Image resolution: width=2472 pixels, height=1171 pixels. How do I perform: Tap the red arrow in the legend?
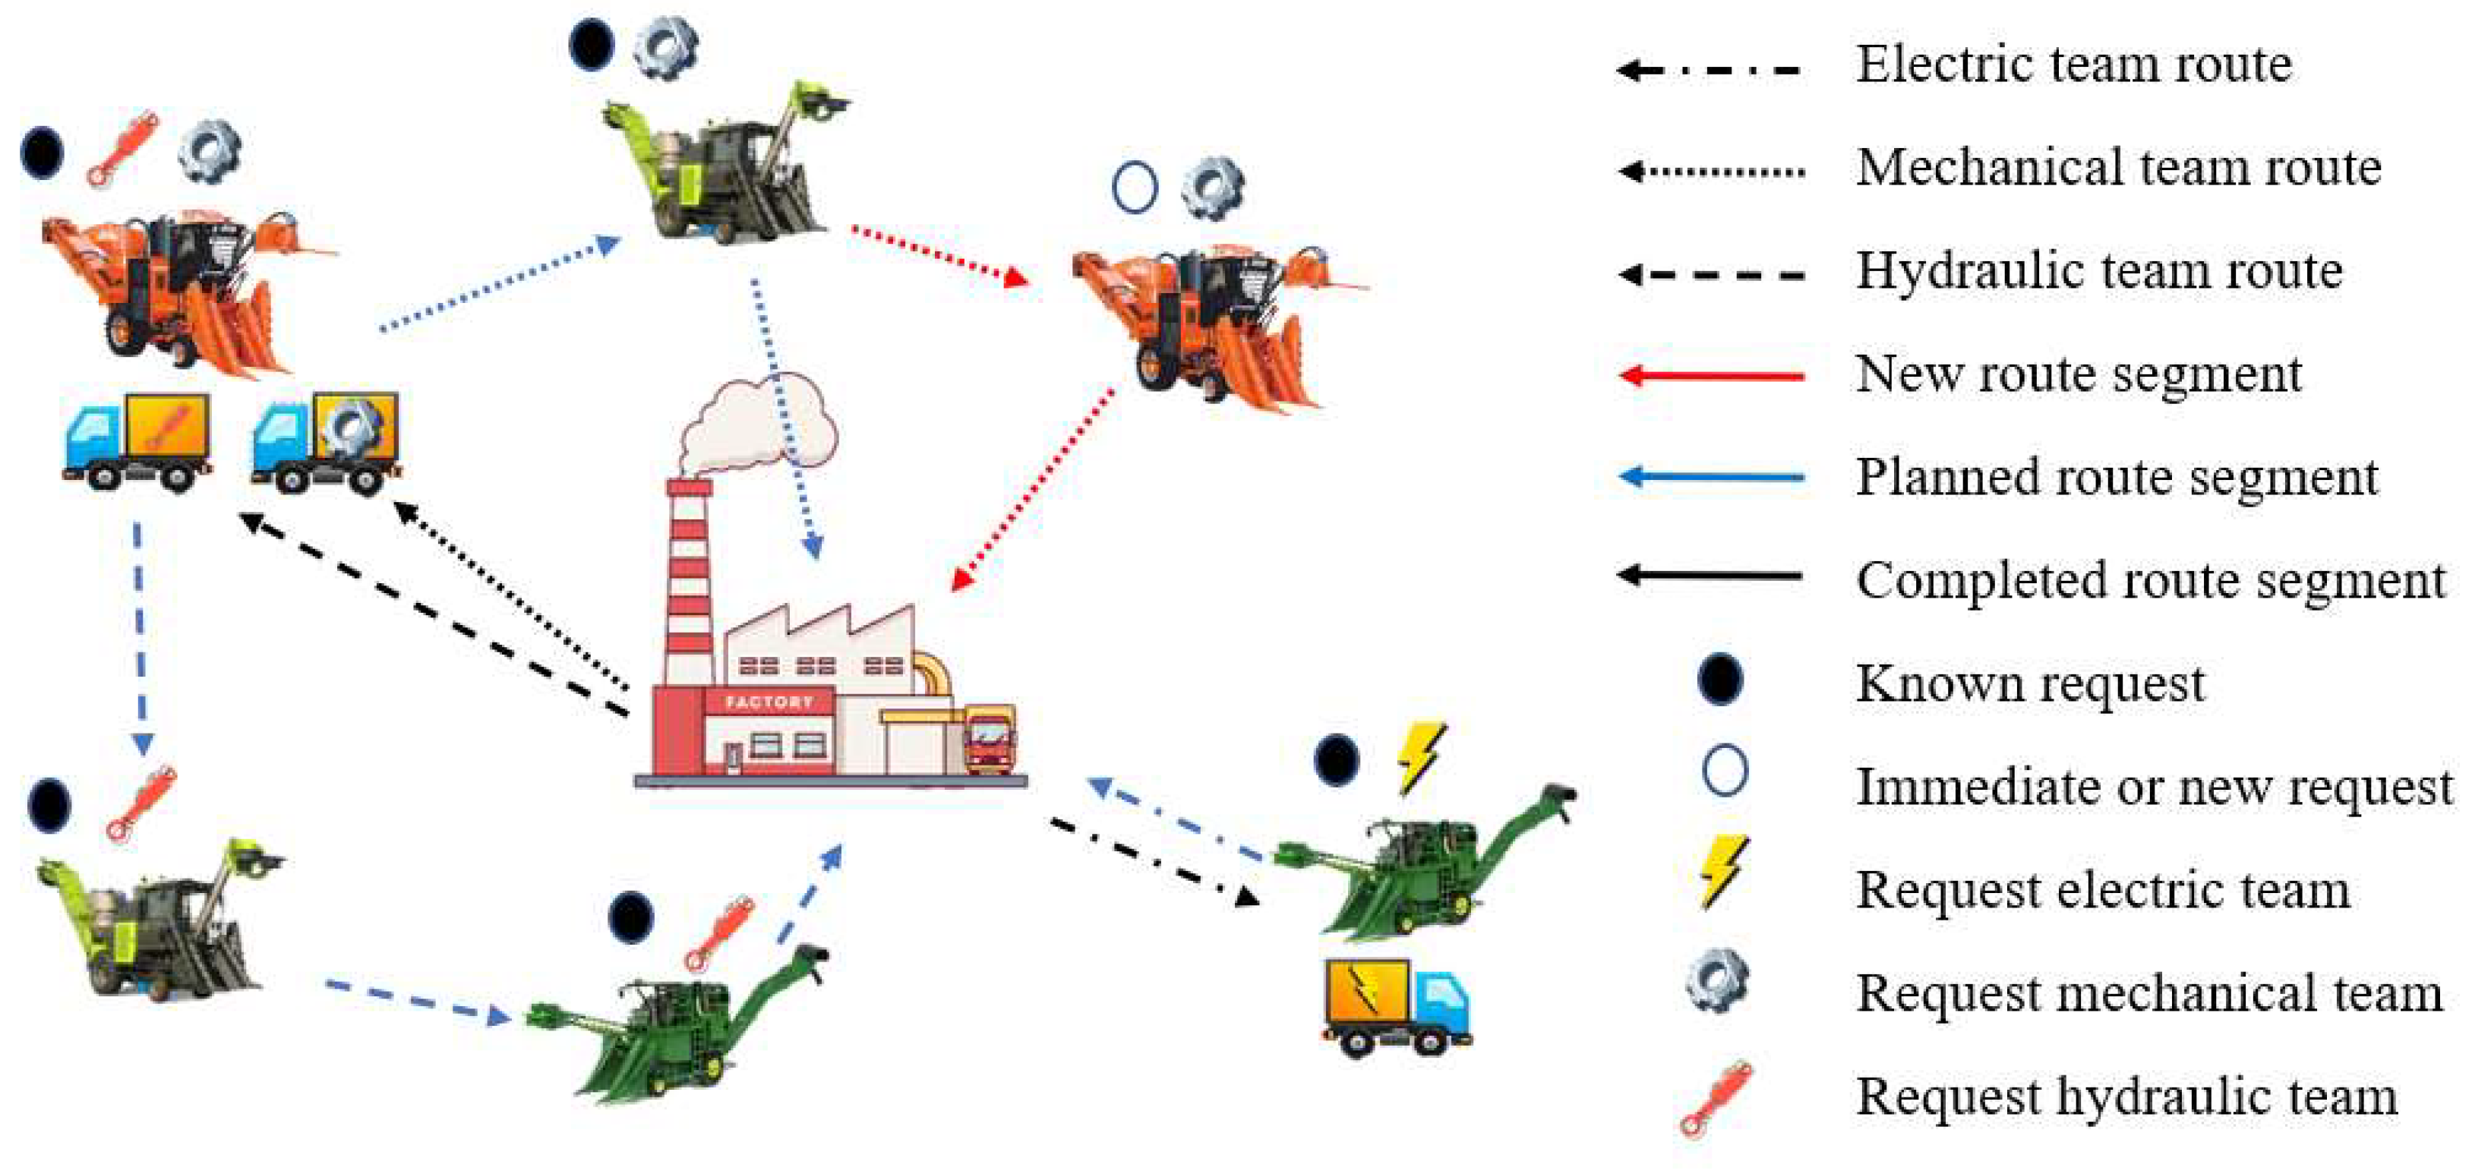tap(1710, 375)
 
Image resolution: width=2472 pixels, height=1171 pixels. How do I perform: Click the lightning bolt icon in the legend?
tap(1722, 873)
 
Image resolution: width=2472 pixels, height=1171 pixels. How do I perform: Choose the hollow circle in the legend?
tap(1725, 771)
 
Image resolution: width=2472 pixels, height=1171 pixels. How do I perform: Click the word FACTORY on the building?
tap(769, 702)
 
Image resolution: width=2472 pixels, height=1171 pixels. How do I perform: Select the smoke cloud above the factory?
tap(758, 422)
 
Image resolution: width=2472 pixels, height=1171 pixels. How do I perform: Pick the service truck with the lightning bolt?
tap(1397, 1008)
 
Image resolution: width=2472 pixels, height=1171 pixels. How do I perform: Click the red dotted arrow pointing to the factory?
tap(1031, 490)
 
